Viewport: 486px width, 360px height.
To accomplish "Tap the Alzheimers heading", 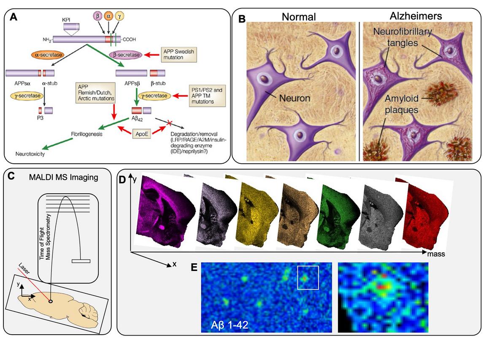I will [416, 16].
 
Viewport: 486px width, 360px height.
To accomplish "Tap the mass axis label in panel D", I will [436, 255].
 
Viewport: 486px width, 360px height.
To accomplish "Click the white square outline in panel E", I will [308, 278].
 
